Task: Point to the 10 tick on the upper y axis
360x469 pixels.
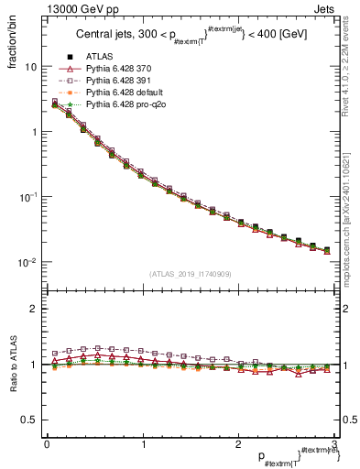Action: [x=30, y=67]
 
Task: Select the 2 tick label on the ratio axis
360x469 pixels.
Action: [x=33, y=309]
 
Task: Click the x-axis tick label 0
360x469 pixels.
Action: [x=46, y=443]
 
